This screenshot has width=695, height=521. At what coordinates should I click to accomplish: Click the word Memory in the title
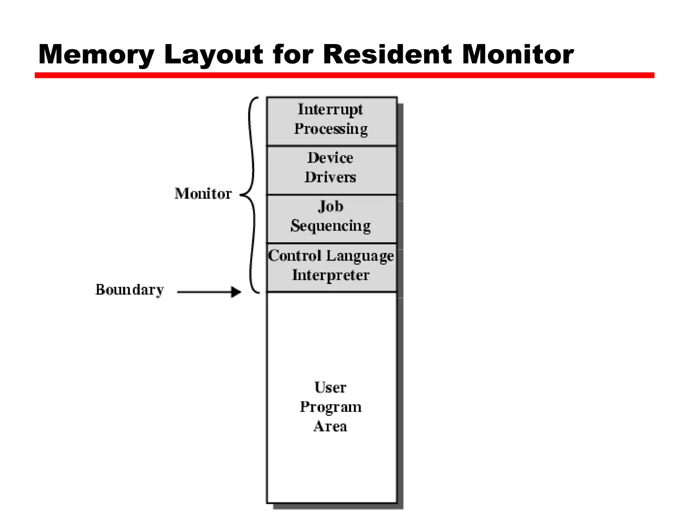97,54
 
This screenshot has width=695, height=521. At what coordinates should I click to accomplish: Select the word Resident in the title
387,54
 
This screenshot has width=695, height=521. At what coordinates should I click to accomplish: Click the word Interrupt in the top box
330,109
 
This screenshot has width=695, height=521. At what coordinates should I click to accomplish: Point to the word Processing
331,129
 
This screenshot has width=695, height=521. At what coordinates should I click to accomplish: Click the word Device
330,158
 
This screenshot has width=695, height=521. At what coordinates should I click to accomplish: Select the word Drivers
330,177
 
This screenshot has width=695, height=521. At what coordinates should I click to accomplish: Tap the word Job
331,207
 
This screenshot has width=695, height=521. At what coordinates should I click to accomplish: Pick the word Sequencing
331,226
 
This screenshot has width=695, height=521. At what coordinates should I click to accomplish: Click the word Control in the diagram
295,255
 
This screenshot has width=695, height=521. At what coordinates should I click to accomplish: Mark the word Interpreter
331,275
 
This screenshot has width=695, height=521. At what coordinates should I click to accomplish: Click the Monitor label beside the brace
203,194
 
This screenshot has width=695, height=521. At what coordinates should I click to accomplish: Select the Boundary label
130,290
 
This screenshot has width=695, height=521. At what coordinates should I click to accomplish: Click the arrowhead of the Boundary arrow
237,292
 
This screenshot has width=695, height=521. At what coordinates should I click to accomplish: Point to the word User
330,387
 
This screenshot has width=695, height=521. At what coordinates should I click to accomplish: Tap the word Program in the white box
331,407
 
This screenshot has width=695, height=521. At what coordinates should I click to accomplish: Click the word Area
330,426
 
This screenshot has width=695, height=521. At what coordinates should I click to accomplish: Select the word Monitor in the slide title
518,54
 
